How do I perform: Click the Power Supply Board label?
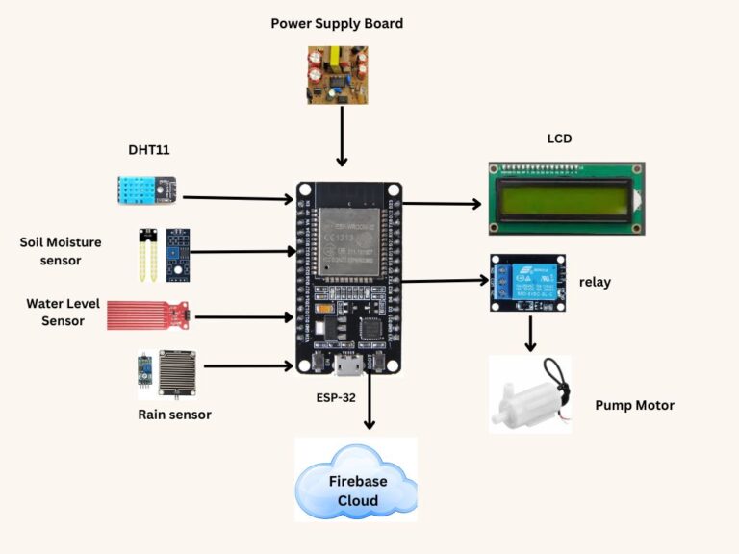click(337, 23)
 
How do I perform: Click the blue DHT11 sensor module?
click(145, 189)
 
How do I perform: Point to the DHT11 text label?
click(149, 150)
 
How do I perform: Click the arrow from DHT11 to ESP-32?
click(237, 199)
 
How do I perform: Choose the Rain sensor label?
click(174, 415)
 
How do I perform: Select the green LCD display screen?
click(564, 199)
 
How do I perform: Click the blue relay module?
click(527, 282)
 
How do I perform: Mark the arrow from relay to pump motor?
click(529, 333)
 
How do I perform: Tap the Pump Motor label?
click(634, 406)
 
